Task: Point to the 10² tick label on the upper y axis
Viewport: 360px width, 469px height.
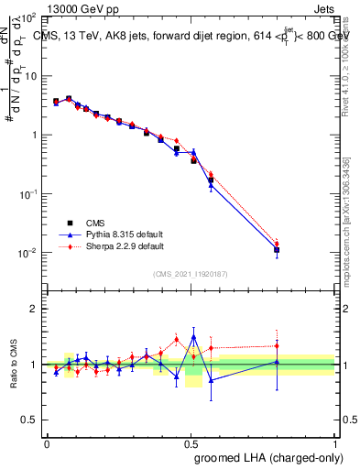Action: coord(29,17)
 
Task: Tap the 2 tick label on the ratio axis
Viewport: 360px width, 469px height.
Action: coord(33,309)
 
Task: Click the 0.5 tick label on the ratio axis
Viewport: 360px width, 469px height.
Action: coord(28,420)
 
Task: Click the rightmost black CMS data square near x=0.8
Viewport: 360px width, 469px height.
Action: coord(277,249)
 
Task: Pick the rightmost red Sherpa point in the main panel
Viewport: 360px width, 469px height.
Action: coord(277,244)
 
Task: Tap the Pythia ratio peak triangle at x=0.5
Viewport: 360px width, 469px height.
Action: coord(193,337)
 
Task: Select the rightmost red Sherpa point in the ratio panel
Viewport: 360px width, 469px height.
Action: coord(277,346)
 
